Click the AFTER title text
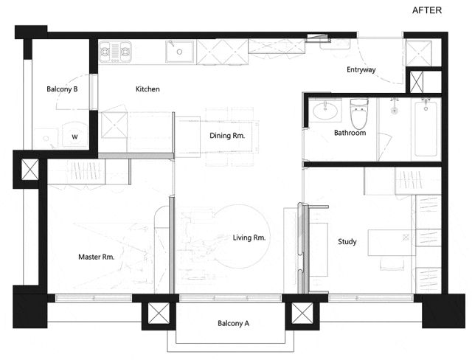click(426, 10)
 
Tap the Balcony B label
click(62, 89)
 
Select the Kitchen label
click(147, 89)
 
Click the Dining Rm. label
click(227, 136)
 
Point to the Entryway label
click(361, 70)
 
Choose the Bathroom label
click(350, 133)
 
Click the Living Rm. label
click(249, 238)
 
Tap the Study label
click(347, 242)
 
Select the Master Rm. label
click(97, 257)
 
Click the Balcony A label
click(233, 324)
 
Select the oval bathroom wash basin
click(325, 111)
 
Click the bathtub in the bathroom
click(426, 129)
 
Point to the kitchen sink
click(179, 52)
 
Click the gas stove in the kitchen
click(115, 52)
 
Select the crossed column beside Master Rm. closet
click(30, 170)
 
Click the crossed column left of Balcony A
click(159, 314)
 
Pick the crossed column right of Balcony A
click(302, 314)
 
